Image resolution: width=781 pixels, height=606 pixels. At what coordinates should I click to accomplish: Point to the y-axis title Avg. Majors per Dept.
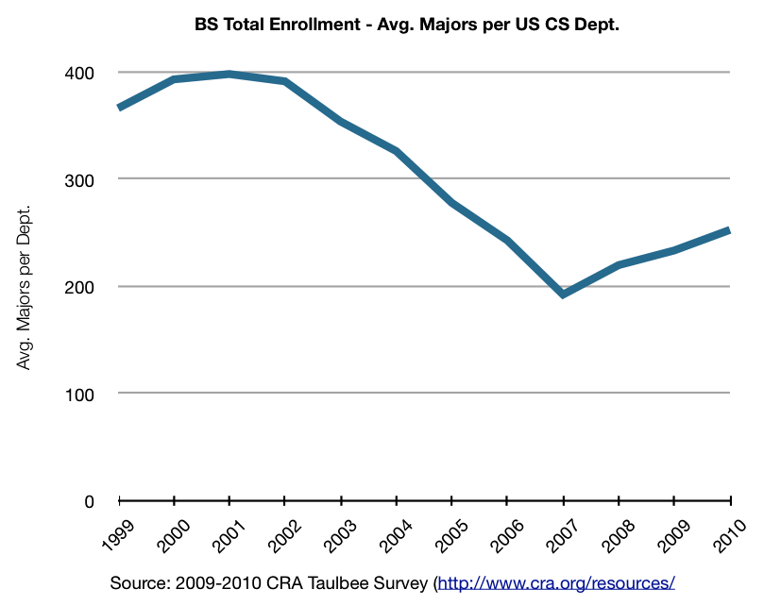pos(25,286)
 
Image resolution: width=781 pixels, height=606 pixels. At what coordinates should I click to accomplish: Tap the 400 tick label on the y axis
pos(78,73)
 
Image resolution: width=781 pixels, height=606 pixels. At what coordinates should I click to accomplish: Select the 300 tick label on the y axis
pos(78,179)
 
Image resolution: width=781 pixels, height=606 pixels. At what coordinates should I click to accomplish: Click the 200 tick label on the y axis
pos(78,286)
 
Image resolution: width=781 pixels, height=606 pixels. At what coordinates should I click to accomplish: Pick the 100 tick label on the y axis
pos(78,394)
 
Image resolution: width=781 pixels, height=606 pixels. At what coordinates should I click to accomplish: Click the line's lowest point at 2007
pos(563,295)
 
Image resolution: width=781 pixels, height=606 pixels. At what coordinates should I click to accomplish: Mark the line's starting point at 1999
pos(120,108)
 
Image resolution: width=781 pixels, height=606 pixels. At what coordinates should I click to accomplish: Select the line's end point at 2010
pos(729,230)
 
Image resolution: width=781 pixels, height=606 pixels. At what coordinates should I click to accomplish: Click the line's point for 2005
pos(452,202)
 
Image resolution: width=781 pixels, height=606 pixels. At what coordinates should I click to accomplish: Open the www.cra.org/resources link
pos(557,582)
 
